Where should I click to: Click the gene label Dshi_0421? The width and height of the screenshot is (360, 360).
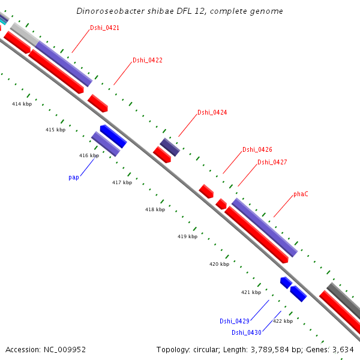pyautogui.click(x=104, y=28)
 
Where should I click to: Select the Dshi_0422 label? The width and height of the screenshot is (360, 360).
pyautogui.click(x=147, y=60)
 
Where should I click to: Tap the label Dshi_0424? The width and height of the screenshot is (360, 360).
pyautogui.click(x=212, y=112)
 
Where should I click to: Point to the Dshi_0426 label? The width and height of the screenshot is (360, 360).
pyautogui.click(x=257, y=149)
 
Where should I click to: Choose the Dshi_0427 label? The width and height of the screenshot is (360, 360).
pyautogui.click(x=272, y=162)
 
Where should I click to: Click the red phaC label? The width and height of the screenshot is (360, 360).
pyautogui.click(x=301, y=194)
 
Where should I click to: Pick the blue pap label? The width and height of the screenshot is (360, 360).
pyautogui.click(x=74, y=177)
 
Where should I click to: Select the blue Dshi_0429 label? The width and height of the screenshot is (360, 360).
pyautogui.click(x=234, y=321)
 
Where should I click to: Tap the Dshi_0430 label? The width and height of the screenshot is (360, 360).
pyautogui.click(x=246, y=332)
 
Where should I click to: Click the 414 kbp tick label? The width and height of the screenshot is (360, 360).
pyautogui.click(x=22, y=104)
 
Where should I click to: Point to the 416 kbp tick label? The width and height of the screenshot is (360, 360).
pyautogui.click(x=89, y=155)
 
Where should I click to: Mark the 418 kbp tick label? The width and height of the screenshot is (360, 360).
pyautogui.click(x=155, y=209)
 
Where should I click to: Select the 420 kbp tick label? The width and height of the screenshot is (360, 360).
pyautogui.click(x=219, y=264)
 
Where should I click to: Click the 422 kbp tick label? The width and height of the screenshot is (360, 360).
pyautogui.click(x=283, y=321)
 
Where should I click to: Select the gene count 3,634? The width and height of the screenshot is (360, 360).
pyautogui.click(x=343, y=349)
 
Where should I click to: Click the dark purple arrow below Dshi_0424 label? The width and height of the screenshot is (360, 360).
pyautogui.click(x=170, y=146)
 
